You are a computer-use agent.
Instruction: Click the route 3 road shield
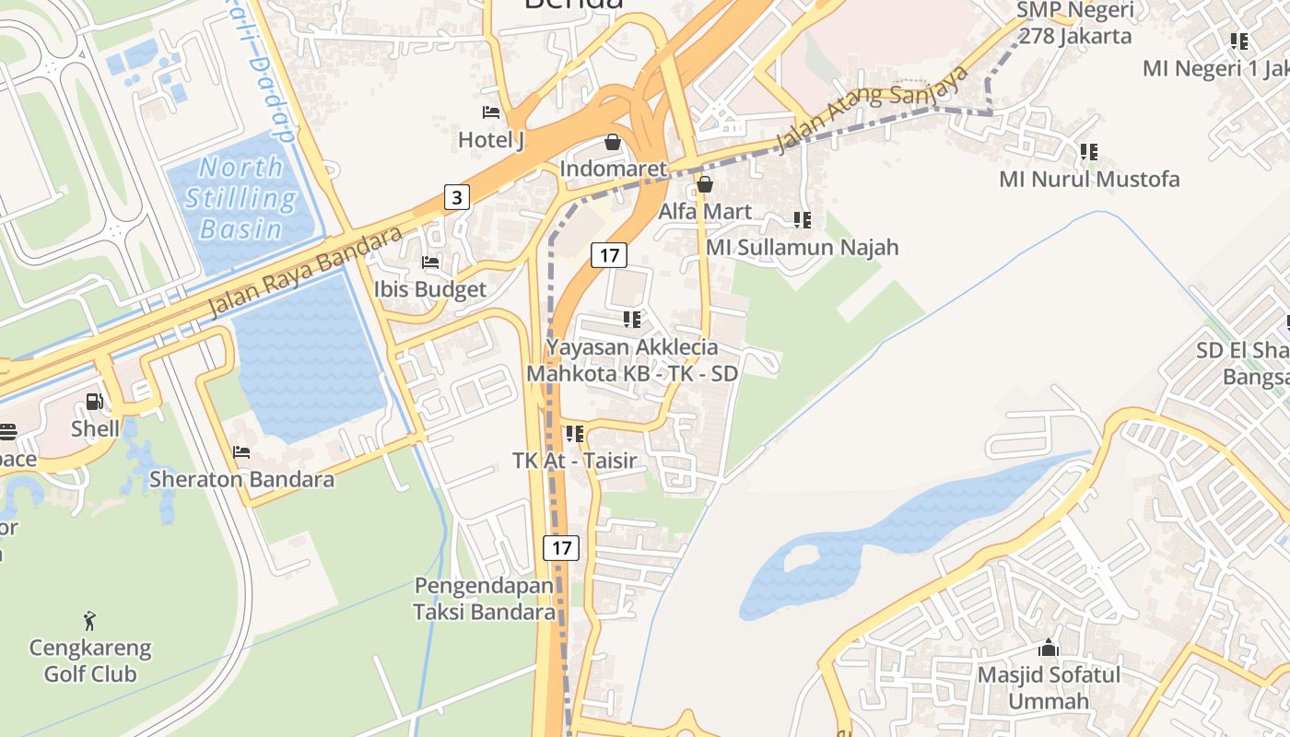[x=457, y=196]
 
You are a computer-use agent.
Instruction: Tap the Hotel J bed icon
[x=491, y=112]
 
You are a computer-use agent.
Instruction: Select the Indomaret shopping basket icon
[x=613, y=142]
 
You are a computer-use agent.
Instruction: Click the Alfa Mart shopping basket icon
[x=705, y=184]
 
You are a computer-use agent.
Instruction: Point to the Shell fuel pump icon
[x=94, y=402]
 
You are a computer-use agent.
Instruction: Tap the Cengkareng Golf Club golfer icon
[x=89, y=620]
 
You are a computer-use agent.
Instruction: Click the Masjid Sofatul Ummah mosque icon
[x=1049, y=648]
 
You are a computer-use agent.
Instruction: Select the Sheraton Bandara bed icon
[x=241, y=452]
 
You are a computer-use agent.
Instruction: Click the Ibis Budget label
[x=429, y=289]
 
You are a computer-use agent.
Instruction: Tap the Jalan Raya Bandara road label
[x=305, y=271]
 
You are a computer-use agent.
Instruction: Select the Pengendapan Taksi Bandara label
[x=484, y=599]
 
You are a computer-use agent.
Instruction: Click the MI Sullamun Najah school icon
[x=803, y=220]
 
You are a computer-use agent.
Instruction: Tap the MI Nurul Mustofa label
[x=1089, y=179]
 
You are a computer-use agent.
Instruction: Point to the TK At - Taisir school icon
[x=575, y=433]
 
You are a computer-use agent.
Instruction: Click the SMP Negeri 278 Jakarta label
[x=1073, y=24]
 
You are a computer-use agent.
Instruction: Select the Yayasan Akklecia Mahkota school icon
[x=632, y=320]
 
